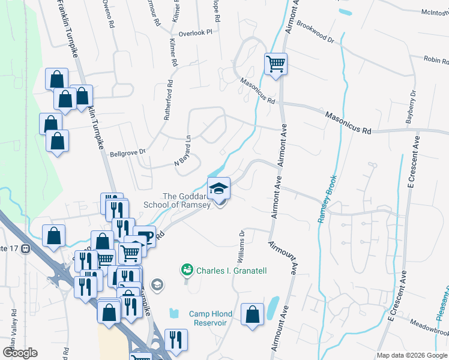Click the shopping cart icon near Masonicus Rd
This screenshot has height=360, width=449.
tap(276, 64)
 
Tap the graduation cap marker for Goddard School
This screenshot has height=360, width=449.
tap(218, 188)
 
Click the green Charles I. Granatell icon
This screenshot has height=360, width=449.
tap(187, 271)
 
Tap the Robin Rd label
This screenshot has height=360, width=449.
tap(436, 59)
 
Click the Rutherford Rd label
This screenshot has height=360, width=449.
tap(167, 100)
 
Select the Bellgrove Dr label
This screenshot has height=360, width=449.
tap(128, 153)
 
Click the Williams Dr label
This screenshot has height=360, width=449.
tap(241, 247)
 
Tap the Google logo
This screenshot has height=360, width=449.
tap(20, 353)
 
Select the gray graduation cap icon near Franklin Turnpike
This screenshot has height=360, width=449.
tap(157, 284)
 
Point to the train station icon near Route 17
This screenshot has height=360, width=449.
tap(25, 248)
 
